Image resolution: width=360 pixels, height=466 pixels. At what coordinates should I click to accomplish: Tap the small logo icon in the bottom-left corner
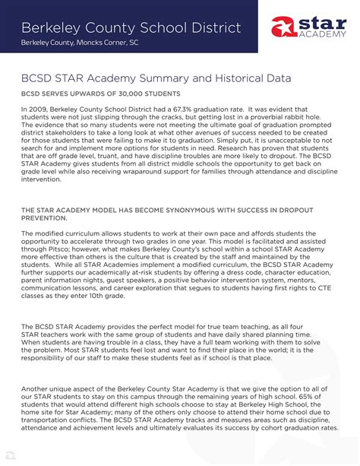tap(10, 455)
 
